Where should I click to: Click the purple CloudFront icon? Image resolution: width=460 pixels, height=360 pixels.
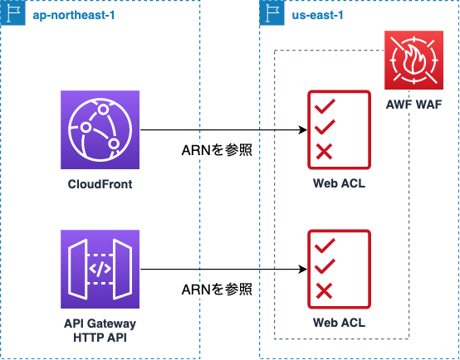100,129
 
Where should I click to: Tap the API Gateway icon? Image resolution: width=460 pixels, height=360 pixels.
100,269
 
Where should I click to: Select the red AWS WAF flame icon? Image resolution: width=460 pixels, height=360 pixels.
414,60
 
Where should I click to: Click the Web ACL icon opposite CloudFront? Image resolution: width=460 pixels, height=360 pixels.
339,130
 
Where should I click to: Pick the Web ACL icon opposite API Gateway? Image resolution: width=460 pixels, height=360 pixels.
339,269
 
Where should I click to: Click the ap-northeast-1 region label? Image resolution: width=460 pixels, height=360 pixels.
74,15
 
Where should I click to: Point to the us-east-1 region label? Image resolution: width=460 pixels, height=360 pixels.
317,15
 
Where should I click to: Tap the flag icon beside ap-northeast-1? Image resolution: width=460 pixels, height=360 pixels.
13,13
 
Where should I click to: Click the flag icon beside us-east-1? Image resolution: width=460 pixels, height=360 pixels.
272,13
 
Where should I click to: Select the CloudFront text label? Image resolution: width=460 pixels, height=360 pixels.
100,184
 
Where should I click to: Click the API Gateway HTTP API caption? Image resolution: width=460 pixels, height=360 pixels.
100,331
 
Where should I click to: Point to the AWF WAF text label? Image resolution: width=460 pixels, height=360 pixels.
414,105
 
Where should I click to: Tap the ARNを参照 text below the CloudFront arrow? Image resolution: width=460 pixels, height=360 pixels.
217,150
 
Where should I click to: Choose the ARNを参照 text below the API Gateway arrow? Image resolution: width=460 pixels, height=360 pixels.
217,289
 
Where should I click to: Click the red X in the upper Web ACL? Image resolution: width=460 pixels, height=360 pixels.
324,152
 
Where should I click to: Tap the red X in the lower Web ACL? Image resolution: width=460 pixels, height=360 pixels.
324,291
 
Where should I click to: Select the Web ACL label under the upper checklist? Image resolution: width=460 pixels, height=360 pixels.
339,183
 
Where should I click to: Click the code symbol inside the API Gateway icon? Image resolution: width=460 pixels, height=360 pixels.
100,269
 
